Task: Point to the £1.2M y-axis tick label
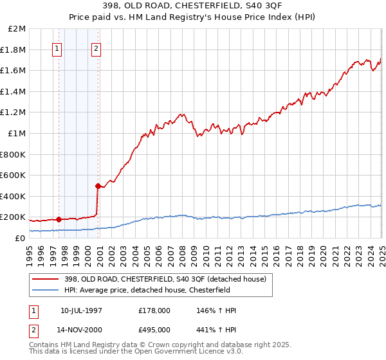click(13, 113)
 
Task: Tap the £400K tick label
click(13, 196)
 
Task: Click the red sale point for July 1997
click(59, 219)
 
